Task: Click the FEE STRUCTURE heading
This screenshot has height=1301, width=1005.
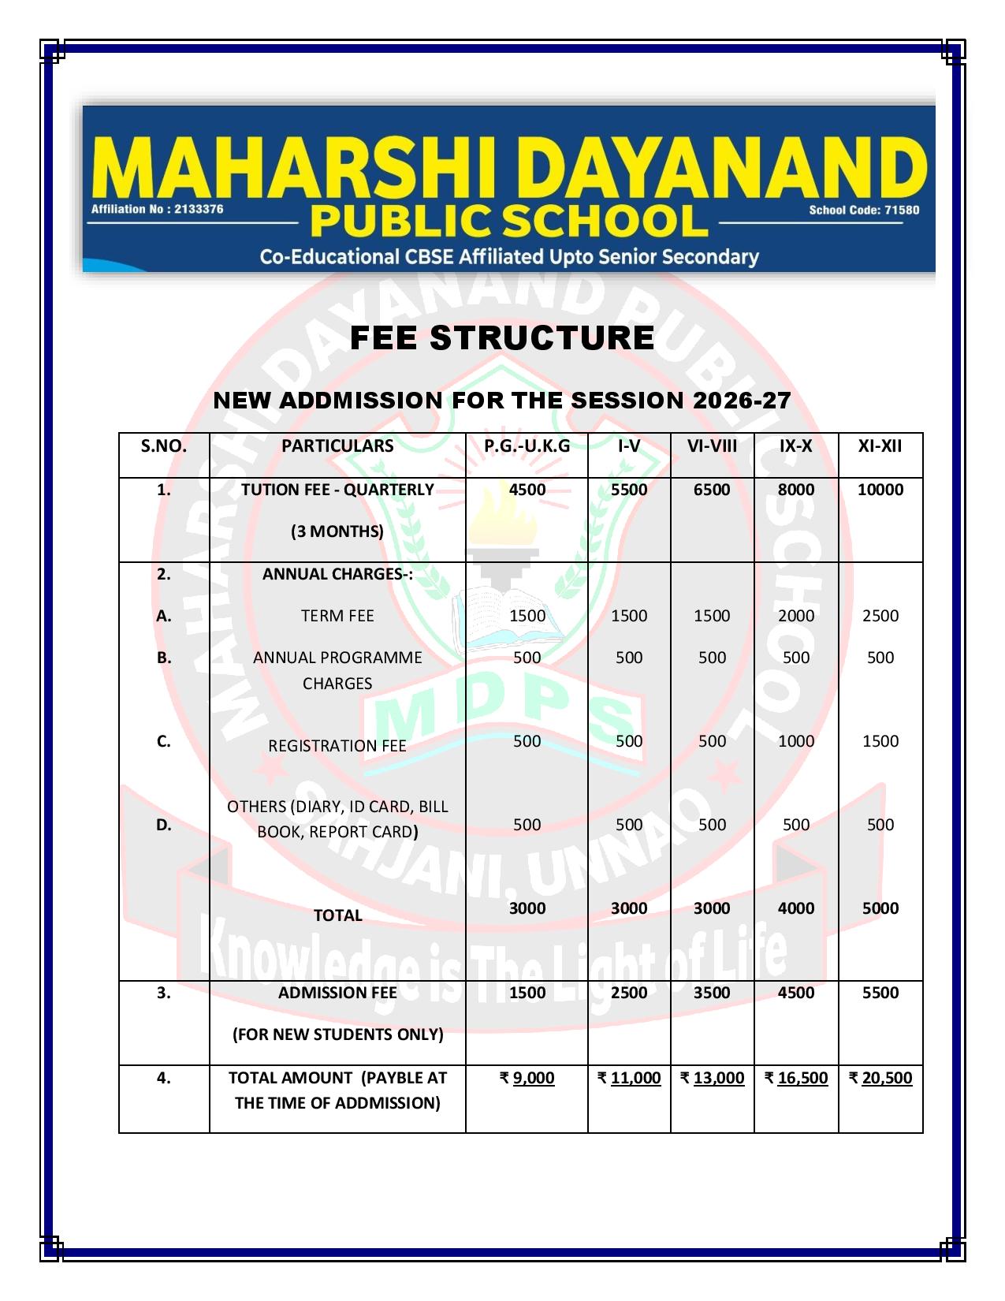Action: (x=501, y=337)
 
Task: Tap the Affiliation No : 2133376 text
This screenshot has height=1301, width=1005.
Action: (x=157, y=209)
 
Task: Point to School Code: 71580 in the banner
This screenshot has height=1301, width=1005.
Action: (x=863, y=210)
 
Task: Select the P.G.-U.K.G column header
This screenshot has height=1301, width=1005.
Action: (x=527, y=445)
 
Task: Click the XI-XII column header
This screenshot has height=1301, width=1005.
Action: (x=880, y=445)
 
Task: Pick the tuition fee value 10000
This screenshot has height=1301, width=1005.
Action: (x=880, y=490)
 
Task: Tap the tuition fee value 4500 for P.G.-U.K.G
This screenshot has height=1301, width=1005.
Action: (x=527, y=490)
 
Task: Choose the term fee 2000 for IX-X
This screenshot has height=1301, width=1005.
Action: (x=795, y=616)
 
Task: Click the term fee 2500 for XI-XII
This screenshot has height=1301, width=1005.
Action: (x=880, y=616)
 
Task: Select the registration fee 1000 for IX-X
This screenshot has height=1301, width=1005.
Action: (x=795, y=741)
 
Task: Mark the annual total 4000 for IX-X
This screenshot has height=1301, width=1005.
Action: (x=795, y=908)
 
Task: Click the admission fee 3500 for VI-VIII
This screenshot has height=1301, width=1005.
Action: (x=711, y=993)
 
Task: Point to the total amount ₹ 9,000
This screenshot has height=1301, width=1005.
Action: (x=527, y=1078)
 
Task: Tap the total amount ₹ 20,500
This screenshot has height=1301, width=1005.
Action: (x=880, y=1078)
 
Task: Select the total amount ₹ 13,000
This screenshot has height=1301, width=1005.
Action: (x=711, y=1078)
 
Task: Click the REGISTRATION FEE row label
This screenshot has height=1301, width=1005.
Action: (x=337, y=746)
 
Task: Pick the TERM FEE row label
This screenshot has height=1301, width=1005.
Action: (x=337, y=616)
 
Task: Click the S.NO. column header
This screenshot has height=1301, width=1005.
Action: (x=164, y=445)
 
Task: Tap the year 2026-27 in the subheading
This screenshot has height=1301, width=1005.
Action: (x=741, y=401)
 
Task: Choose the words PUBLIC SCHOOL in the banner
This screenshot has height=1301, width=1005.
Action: (x=508, y=222)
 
